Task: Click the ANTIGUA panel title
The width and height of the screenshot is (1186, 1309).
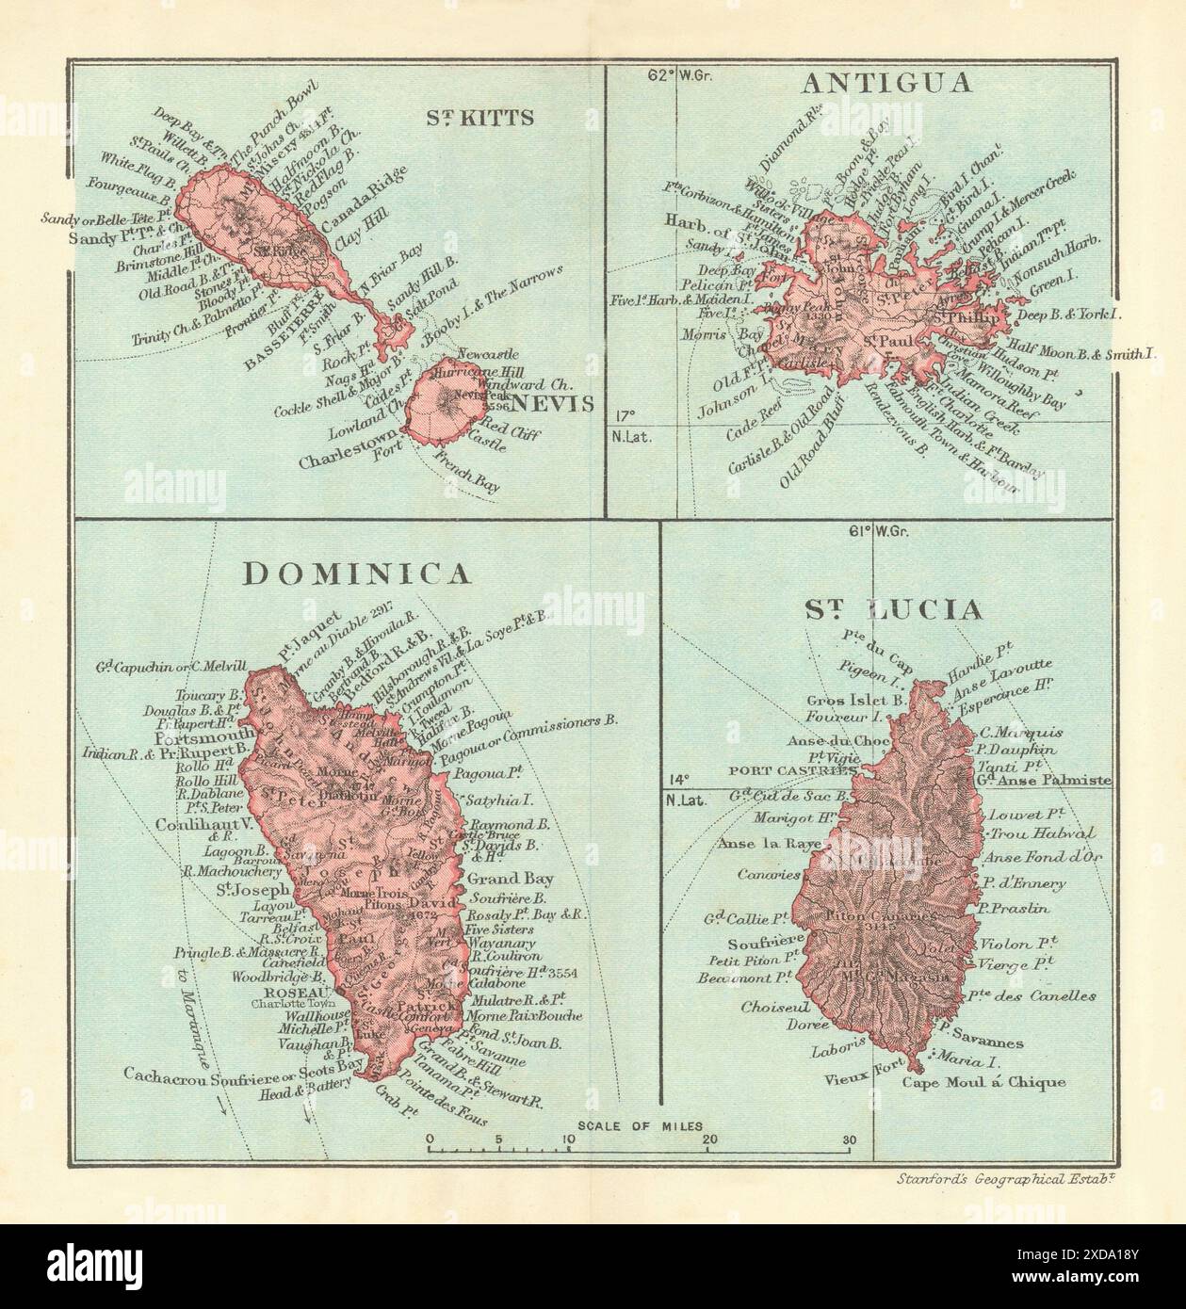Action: (x=885, y=83)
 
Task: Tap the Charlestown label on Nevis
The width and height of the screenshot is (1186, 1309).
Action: (x=350, y=462)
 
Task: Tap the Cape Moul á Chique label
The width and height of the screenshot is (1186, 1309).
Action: (x=983, y=1082)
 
